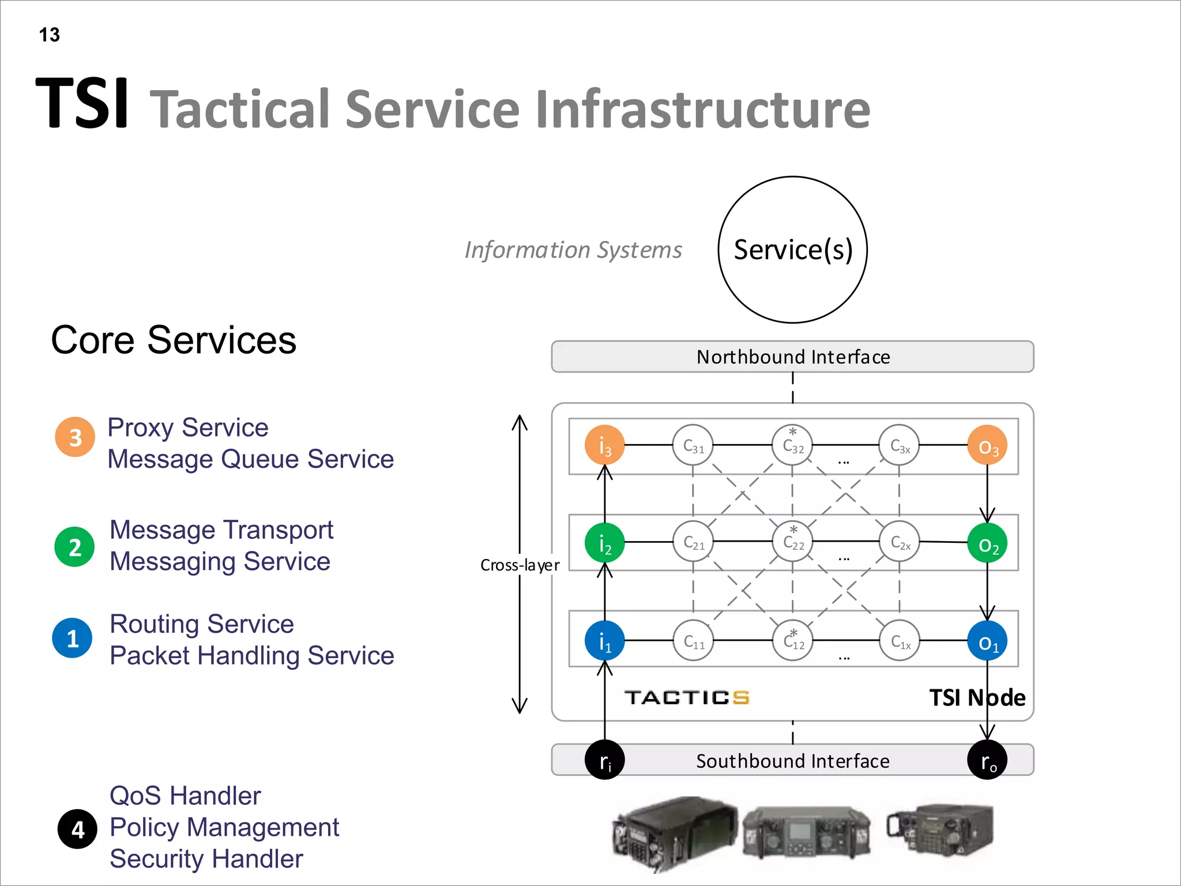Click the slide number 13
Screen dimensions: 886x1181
(x=49, y=35)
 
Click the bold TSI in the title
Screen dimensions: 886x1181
(x=82, y=104)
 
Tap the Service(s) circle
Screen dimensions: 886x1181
(x=792, y=250)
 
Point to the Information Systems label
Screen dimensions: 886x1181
(x=573, y=250)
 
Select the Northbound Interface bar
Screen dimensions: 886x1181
(x=792, y=356)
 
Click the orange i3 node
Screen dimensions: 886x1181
(x=604, y=445)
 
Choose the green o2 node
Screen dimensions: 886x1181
(x=987, y=543)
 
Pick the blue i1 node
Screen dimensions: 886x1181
(x=604, y=640)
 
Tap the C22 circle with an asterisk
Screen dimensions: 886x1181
(x=793, y=541)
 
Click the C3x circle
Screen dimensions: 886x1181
(x=899, y=445)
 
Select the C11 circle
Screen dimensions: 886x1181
(x=693, y=640)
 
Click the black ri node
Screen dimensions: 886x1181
(x=604, y=760)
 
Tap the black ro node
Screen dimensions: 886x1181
(x=987, y=760)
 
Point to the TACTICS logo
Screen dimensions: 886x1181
(x=686, y=697)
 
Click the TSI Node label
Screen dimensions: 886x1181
(x=977, y=697)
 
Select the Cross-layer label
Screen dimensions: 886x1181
(x=520, y=565)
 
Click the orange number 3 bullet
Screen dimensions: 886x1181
(x=75, y=437)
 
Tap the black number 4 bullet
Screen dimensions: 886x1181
(x=78, y=829)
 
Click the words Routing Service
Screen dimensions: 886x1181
(x=202, y=624)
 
